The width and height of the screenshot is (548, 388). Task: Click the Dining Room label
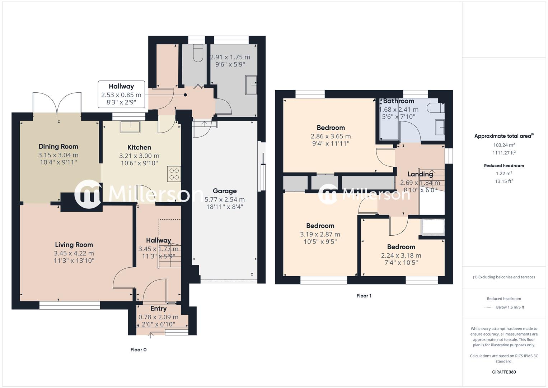(x=58, y=147)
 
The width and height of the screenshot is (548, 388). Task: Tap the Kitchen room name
(x=139, y=147)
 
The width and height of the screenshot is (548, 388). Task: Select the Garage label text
(x=225, y=191)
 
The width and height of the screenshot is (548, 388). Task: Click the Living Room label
(x=74, y=245)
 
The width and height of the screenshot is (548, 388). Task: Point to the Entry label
(x=158, y=309)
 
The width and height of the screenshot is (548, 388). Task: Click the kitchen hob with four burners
(x=174, y=174)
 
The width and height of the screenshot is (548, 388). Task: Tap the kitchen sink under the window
(x=130, y=127)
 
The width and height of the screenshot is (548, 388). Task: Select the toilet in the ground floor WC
(x=198, y=52)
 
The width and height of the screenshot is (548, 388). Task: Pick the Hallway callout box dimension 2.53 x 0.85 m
(x=121, y=95)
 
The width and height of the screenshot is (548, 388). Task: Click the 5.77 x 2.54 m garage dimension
(x=225, y=200)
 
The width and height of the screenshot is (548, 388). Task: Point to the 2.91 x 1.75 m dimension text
(x=230, y=57)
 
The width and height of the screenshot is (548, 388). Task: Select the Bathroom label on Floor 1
(x=398, y=101)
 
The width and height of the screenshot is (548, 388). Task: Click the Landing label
(x=420, y=174)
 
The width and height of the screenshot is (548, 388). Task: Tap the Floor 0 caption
(x=139, y=350)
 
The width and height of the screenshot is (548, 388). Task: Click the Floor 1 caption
(x=364, y=296)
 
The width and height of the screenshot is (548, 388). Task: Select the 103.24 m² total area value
(x=504, y=145)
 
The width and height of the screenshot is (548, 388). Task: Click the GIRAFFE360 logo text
(x=504, y=372)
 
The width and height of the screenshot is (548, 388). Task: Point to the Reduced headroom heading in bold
(x=504, y=166)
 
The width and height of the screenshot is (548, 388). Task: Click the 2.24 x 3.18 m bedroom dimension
(x=401, y=256)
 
